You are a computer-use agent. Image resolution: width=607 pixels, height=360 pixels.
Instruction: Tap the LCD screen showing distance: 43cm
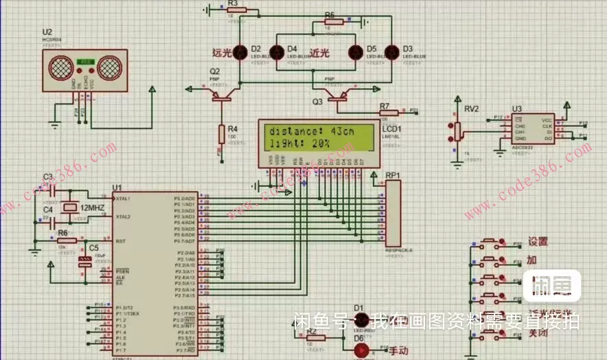[317, 137]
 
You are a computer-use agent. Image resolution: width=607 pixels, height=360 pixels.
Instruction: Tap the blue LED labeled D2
[240, 52]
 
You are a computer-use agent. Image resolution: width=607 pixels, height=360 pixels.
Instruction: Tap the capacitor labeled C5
[85, 260]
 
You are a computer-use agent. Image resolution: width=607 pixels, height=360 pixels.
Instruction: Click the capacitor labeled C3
[49, 189]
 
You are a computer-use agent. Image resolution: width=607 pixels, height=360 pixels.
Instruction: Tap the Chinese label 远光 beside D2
[221, 52]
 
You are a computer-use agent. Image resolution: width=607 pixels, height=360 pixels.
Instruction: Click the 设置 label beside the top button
[538, 242]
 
